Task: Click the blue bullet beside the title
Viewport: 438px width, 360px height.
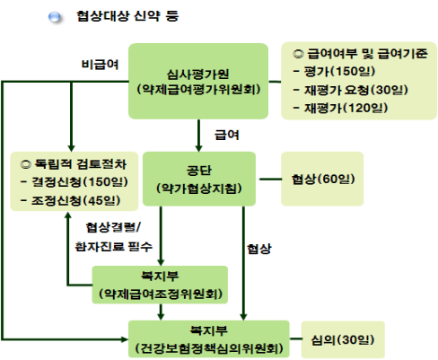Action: tap(55, 17)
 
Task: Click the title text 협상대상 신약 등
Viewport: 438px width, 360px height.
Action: tap(127, 16)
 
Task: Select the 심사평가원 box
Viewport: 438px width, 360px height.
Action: tap(198, 81)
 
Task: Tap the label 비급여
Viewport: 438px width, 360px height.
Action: tap(101, 65)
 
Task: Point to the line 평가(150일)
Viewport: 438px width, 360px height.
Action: tap(335, 71)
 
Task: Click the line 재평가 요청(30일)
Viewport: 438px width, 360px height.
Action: tap(351, 90)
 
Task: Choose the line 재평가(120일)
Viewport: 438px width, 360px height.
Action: tap(341, 108)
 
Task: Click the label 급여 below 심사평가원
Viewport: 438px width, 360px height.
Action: tap(227, 135)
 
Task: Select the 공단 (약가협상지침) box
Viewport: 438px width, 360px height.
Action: tap(199, 179)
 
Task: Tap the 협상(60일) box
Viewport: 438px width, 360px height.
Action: tap(322, 179)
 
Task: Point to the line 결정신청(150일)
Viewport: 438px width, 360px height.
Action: tap(74, 182)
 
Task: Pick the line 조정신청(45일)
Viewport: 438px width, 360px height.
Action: tap(71, 200)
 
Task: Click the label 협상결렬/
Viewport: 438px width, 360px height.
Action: tap(113, 227)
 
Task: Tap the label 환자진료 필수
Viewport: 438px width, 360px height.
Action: tap(114, 247)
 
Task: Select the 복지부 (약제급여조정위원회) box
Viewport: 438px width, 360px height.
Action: tap(160, 285)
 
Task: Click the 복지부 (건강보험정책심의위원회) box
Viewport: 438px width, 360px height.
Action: tap(209, 339)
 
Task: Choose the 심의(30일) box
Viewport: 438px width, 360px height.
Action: tap(343, 339)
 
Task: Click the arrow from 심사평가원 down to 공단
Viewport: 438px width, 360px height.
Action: tap(198, 136)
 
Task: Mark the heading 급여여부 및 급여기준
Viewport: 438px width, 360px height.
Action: tap(360, 54)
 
